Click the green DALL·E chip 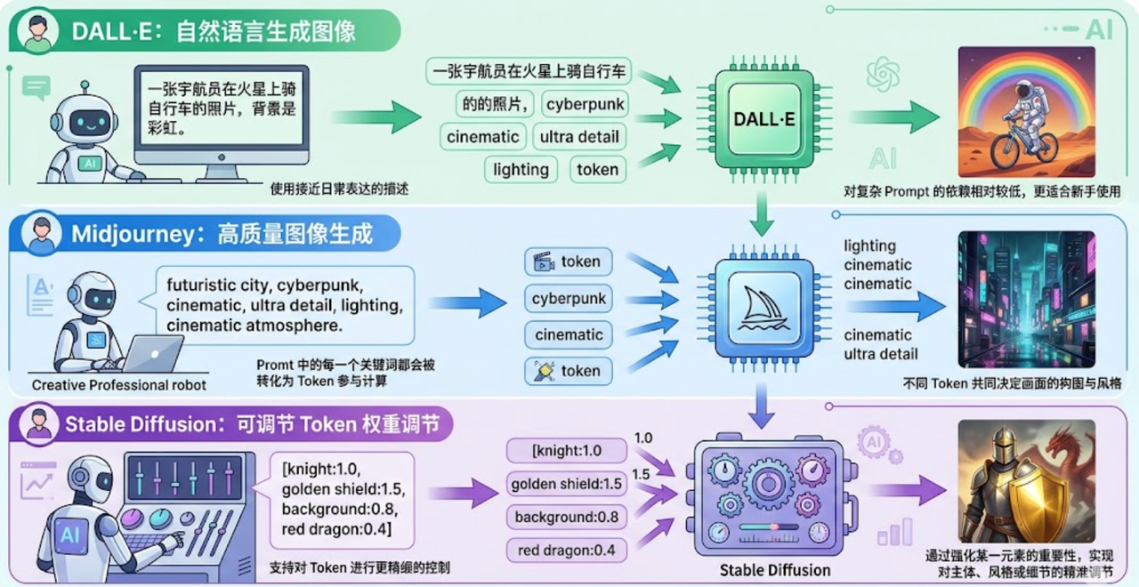(x=763, y=117)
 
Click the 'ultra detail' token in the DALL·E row (x=579, y=137)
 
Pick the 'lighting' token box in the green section (x=521, y=169)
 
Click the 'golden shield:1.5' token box (x=566, y=484)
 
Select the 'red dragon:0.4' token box (x=566, y=550)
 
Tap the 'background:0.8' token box (x=566, y=517)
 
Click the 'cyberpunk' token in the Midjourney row (x=569, y=298)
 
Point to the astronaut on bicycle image (x=1026, y=111)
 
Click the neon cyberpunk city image (x=1026, y=299)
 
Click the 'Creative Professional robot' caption (x=119, y=385)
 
